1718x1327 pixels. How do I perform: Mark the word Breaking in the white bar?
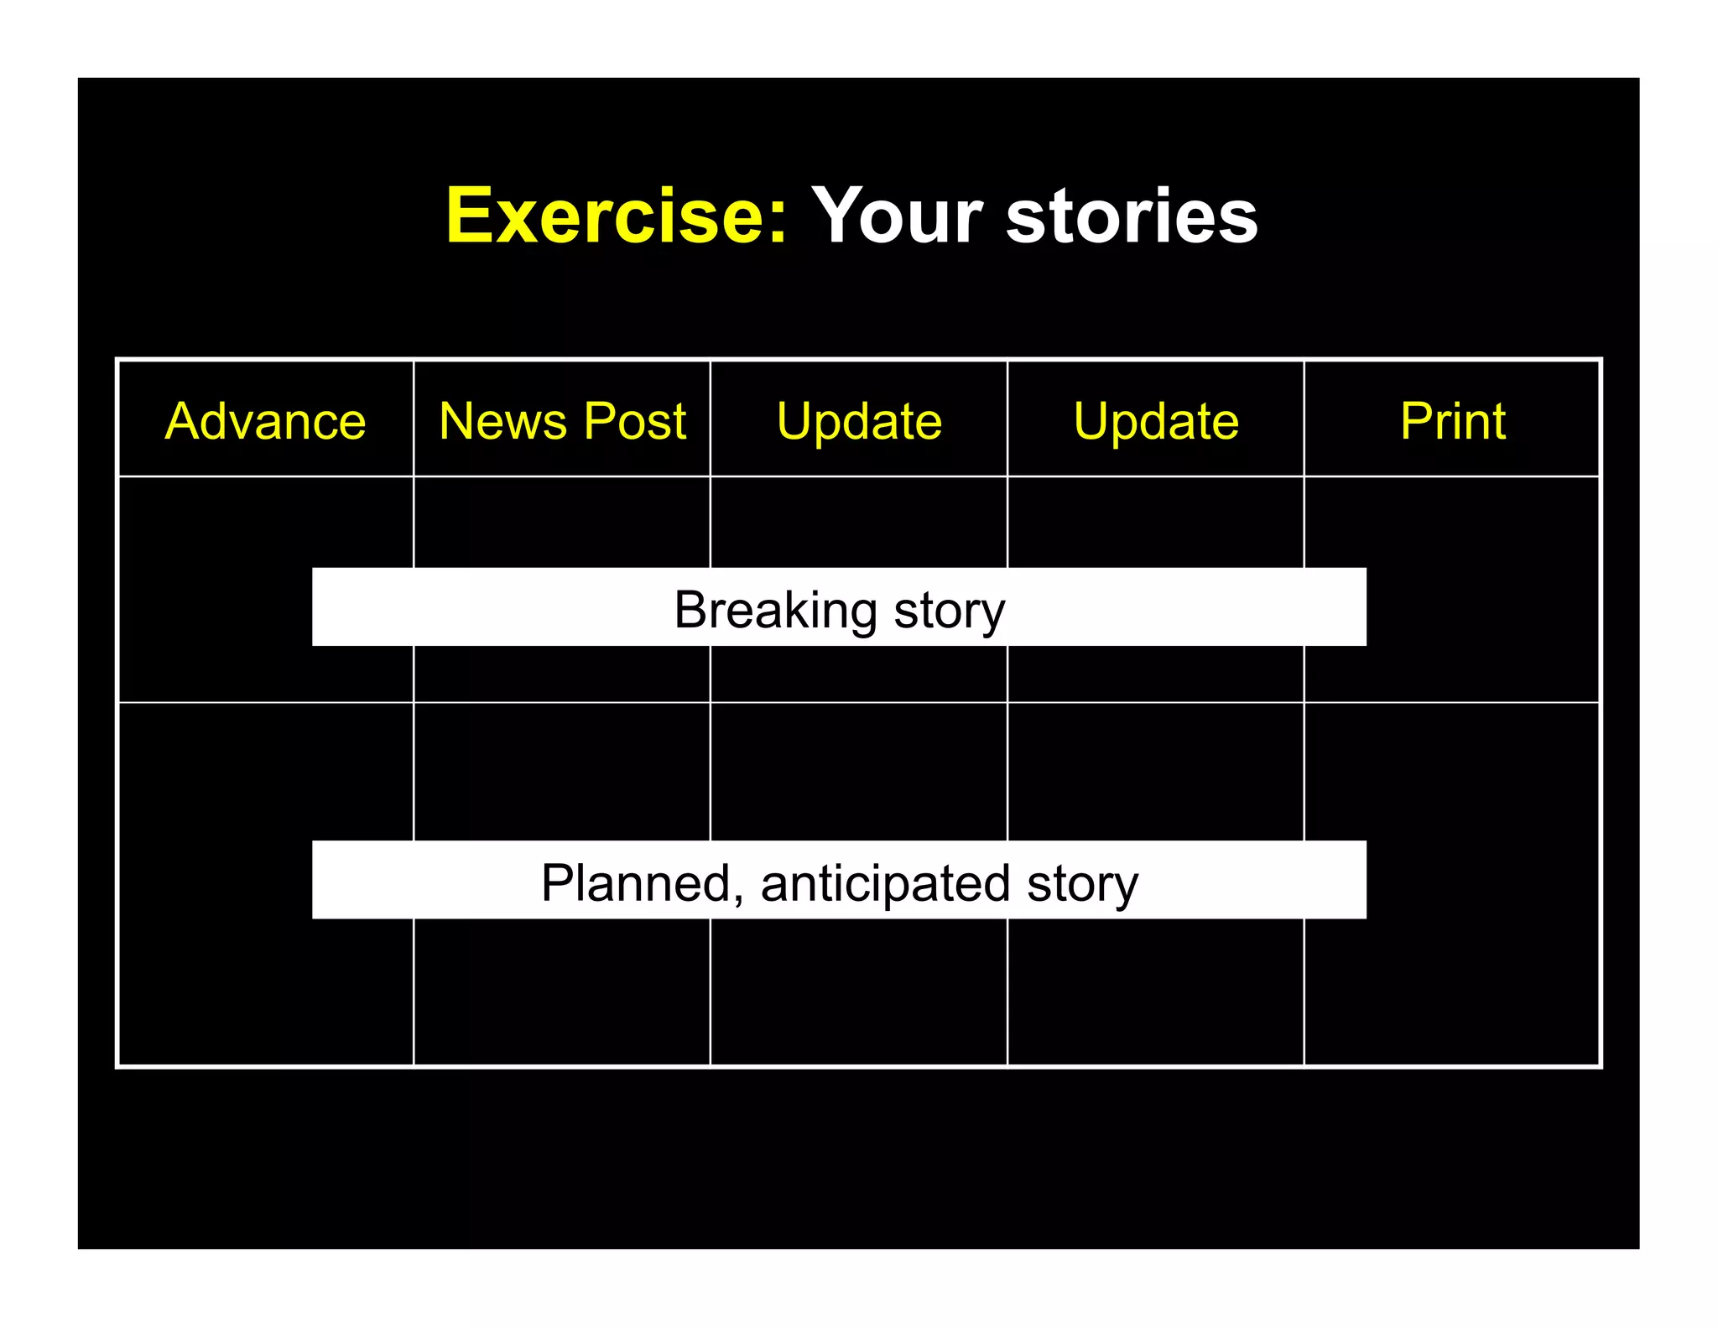coord(775,610)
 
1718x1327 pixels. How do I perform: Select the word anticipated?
coord(885,882)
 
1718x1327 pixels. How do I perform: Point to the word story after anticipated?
coord(1082,884)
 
